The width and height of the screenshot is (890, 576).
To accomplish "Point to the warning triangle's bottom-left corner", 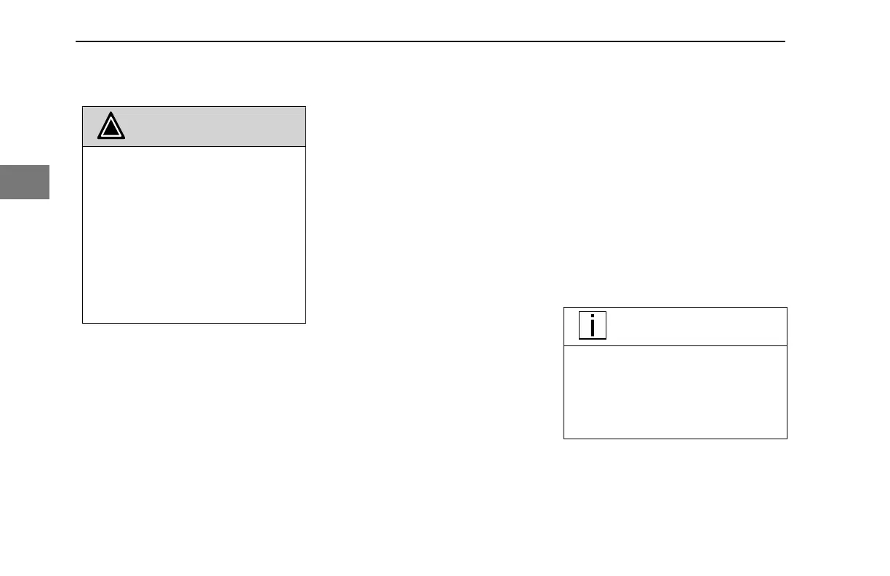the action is click(99, 139).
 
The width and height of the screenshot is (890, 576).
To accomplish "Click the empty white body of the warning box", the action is click(193, 234).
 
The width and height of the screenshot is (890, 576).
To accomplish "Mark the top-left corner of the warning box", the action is click(82, 107).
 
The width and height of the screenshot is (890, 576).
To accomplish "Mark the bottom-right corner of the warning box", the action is click(305, 322).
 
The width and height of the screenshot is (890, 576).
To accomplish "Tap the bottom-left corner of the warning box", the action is click(82, 322).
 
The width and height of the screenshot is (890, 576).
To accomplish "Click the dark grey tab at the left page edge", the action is click(24, 182).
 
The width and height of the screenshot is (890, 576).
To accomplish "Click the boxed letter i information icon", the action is click(593, 326).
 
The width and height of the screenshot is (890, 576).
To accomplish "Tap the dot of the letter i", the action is click(593, 317).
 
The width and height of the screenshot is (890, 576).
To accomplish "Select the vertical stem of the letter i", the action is click(593, 329).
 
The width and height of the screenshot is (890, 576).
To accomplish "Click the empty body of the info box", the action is click(675, 392).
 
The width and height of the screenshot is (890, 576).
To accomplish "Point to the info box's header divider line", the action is click(675, 346).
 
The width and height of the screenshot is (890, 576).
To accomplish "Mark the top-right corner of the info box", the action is click(787, 308).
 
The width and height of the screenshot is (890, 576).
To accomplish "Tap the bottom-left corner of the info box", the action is click(564, 438).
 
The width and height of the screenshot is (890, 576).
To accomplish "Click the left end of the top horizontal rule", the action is click(77, 41).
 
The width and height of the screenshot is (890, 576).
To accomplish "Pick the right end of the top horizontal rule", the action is click(785, 41).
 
